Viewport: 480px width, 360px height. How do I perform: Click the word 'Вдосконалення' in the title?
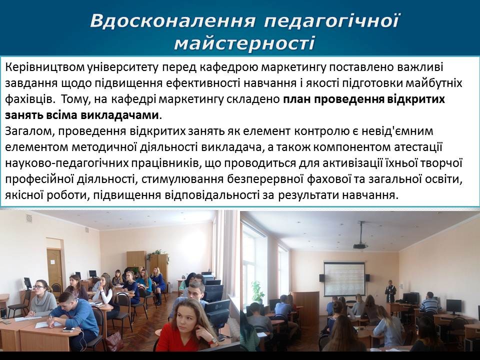coord(173,21)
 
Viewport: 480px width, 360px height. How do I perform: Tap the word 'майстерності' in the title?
coord(244,43)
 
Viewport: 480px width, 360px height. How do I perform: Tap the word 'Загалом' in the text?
coord(29,131)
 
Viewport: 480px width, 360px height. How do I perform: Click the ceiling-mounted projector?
coord(360,245)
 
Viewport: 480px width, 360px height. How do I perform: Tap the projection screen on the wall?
coord(344,278)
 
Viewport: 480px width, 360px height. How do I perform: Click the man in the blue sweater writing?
coord(73,318)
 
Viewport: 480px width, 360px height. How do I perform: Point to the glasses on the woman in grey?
coord(39,287)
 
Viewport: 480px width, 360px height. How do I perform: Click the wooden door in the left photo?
coord(55,269)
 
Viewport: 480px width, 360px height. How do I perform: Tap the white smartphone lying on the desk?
coord(68,329)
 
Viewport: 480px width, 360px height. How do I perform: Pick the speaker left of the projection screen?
coord(321,278)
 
